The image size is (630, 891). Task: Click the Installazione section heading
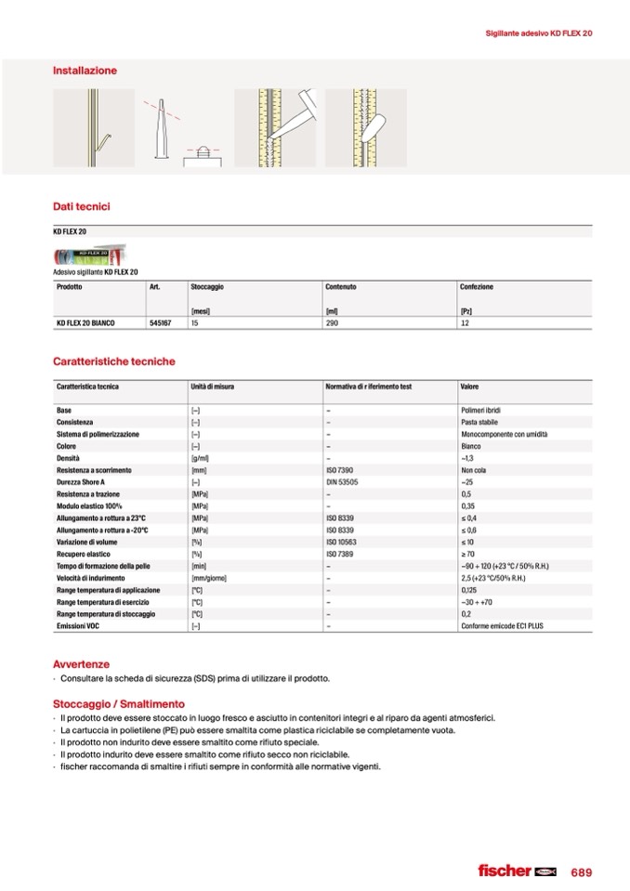(x=85, y=71)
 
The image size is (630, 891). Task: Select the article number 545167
(x=162, y=323)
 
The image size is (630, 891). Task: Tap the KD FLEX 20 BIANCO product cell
(x=85, y=323)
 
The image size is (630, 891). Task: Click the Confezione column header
(x=477, y=287)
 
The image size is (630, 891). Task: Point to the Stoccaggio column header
(x=207, y=287)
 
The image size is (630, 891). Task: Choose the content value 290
(x=333, y=323)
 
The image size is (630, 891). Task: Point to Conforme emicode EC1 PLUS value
(x=503, y=627)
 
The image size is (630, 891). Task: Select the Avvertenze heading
(x=81, y=664)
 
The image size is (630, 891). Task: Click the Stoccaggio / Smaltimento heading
(x=119, y=704)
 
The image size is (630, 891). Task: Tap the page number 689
(x=582, y=871)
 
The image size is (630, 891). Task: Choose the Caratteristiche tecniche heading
(x=113, y=361)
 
